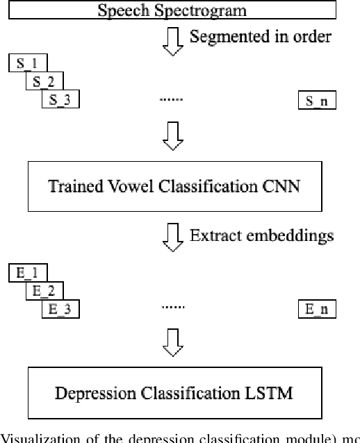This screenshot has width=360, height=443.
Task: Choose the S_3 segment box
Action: (x=60, y=101)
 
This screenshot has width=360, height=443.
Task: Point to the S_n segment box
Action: (x=316, y=101)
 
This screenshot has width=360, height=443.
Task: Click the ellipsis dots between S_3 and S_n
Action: (x=171, y=100)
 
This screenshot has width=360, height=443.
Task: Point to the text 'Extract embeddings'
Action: (x=261, y=235)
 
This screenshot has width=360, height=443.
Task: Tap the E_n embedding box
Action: (x=316, y=309)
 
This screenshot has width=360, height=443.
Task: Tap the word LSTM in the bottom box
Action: (x=272, y=394)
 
